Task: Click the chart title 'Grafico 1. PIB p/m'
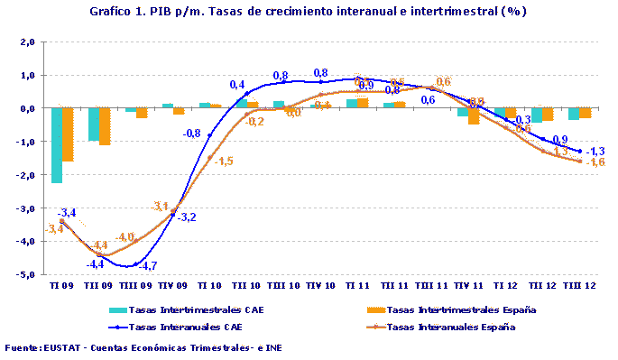[309, 12]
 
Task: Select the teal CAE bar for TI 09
[57, 144]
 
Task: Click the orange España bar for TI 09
[68, 134]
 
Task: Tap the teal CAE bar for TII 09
[93, 125]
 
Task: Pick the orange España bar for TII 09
[104, 126]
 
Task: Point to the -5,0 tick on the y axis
[25, 274]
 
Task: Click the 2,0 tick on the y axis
[26, 42]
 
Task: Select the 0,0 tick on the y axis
[26, 108]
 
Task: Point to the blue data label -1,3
[595, 151]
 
